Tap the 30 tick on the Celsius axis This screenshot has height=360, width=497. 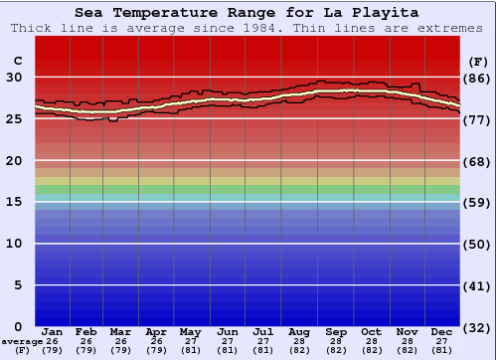15,77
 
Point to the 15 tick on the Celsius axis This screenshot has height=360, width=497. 15,202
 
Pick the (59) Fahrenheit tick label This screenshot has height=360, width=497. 476,202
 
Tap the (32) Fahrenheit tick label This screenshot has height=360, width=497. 476,327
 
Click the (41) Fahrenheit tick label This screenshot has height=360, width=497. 476,285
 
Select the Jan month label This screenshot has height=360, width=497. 53,331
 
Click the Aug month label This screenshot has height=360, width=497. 298,331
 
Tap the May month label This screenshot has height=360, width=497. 189,331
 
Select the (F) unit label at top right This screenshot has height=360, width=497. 476,60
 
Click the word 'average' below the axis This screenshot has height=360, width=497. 21,341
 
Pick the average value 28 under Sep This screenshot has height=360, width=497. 336,341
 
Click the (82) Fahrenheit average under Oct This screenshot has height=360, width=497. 371,350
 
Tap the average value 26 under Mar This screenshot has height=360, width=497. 120,341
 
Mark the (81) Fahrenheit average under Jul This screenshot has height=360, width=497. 263,350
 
